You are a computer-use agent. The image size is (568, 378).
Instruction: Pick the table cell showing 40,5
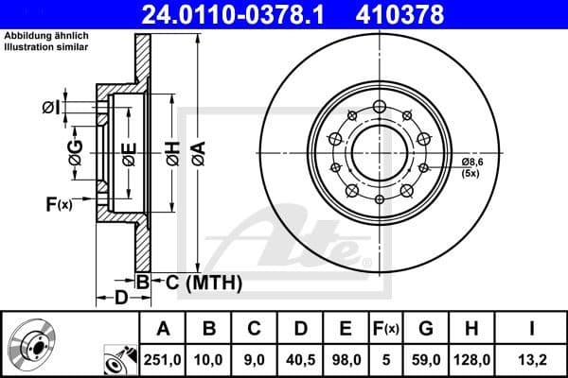click(301, 358)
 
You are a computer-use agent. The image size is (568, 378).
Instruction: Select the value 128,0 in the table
click(470, 358)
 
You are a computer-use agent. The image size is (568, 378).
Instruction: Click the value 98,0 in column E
click(345, 358)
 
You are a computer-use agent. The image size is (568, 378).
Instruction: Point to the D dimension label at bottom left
click(120, 300)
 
